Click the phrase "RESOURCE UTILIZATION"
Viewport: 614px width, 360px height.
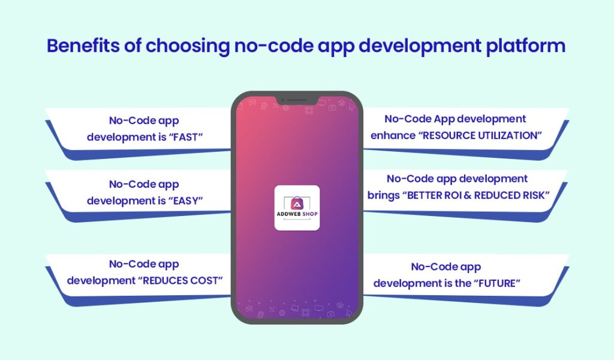(x=480, y=136)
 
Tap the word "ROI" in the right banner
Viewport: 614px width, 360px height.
(x=460, y=194)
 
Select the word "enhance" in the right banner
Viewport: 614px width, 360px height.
(x=392, y=136)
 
